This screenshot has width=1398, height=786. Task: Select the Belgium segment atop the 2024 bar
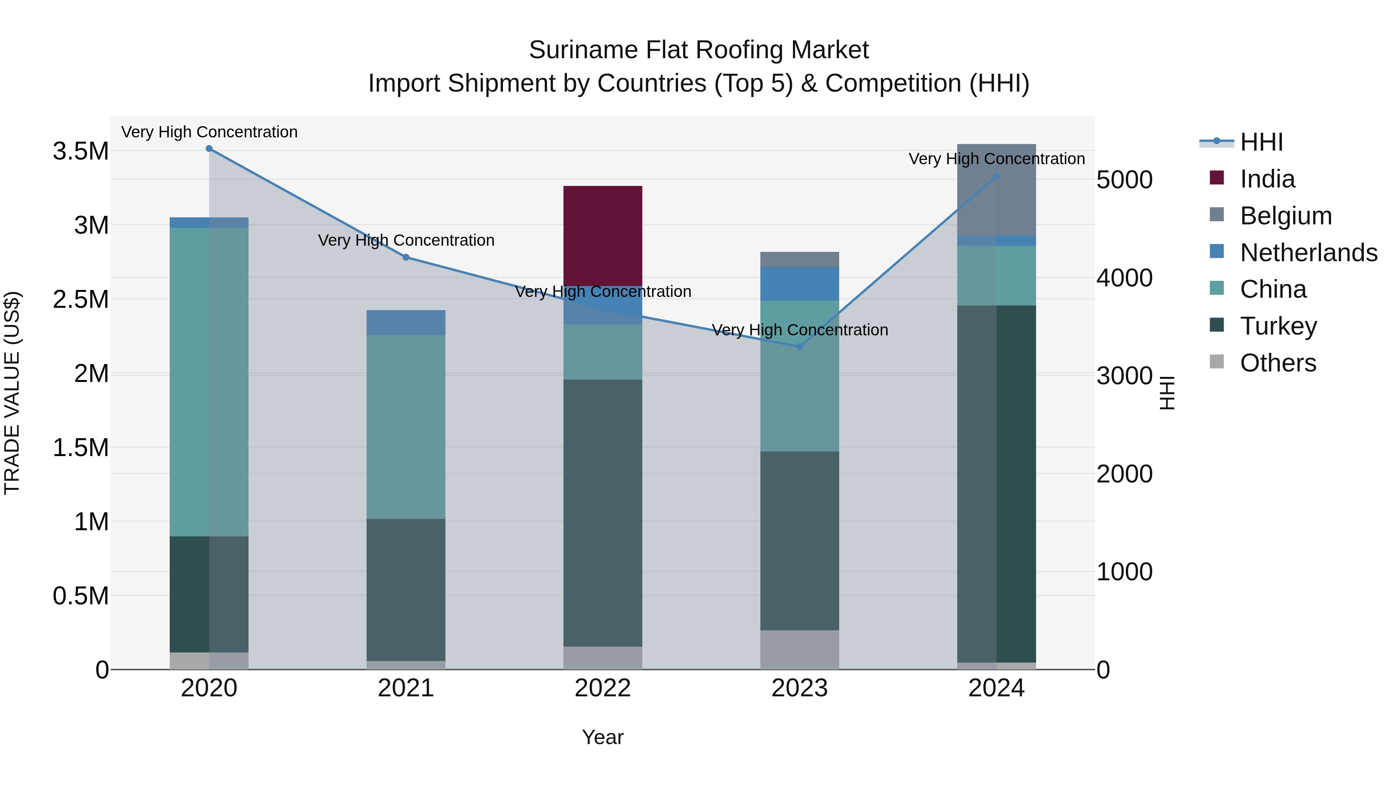coord(996,189)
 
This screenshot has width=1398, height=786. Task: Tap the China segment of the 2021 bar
coord(406,427)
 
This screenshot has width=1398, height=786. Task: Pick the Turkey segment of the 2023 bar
coord(800,540)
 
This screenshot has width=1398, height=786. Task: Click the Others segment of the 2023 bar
coord(800,649)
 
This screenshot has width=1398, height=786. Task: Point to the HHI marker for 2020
coord(209,149)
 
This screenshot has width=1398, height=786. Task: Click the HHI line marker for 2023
coord(800,347)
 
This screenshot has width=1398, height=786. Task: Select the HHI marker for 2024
coord(996,176)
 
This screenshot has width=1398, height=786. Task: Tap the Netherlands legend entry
coord(1308,253)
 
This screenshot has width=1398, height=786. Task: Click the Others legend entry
coord(1278,363)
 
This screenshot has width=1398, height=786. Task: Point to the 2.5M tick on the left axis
coord(81,299)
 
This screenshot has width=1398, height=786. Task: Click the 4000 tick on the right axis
coord(1125,278)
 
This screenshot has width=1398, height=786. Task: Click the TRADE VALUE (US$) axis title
coord(12,393)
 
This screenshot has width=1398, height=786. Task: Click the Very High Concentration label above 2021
coord(406,240)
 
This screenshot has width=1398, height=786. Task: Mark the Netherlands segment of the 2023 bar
coord(800,284)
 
